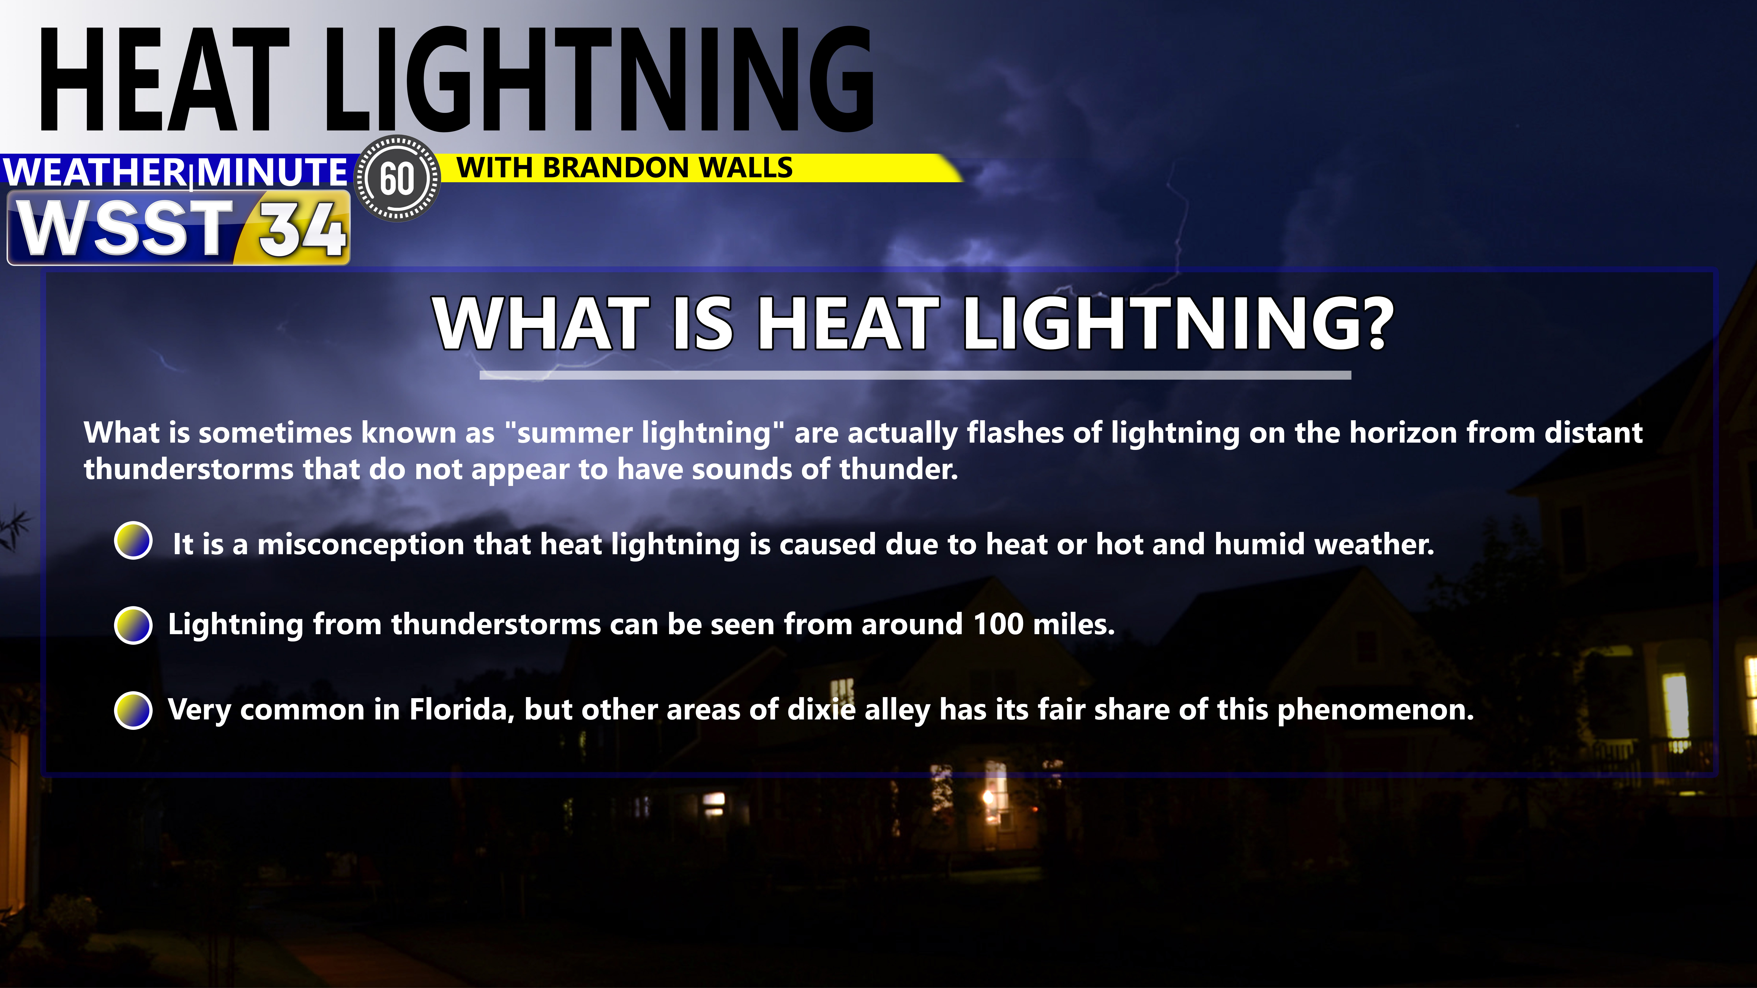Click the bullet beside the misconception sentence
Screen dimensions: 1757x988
click(134, 541)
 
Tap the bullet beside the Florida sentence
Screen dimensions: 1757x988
click(134, 710)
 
